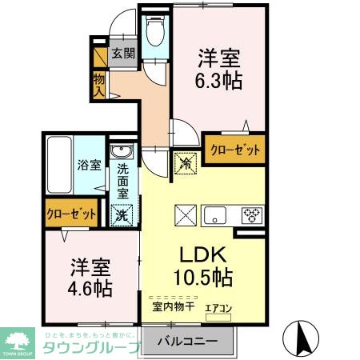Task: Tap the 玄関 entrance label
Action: point(122,54)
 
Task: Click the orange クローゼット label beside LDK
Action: point(235,150)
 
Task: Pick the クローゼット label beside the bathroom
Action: point(71,214)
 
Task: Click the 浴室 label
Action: point(89,166)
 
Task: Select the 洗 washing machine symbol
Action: point(122,214)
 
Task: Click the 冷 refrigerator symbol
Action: point(186,162)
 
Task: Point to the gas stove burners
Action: point(252,214)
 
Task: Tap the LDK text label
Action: point(202,257)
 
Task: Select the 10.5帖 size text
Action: point(203,278)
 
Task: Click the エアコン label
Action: point(219,306)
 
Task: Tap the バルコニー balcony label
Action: point(191,340)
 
